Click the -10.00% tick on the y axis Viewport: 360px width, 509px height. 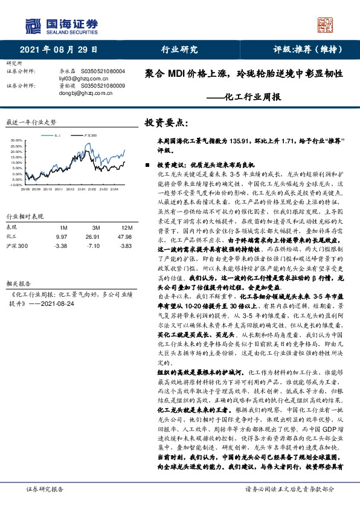(x=15, y=185)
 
